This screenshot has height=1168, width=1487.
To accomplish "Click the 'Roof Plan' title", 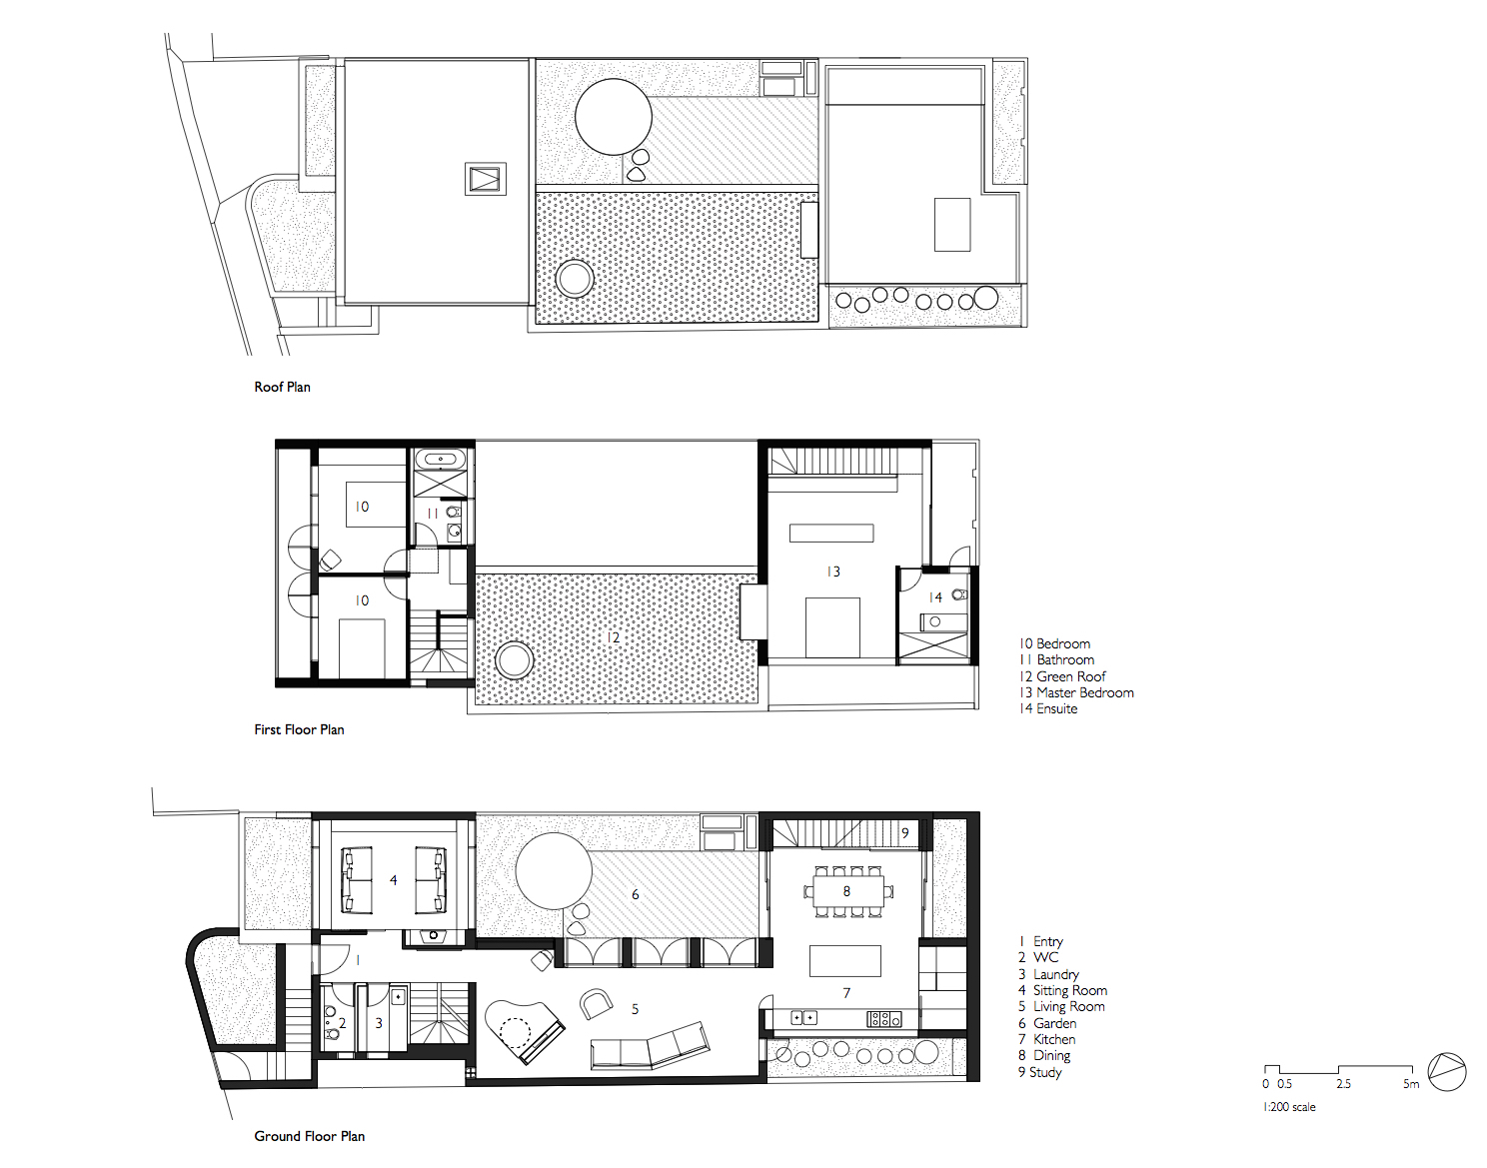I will pos(282,387).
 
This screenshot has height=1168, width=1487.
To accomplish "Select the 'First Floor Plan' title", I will pos(299,729).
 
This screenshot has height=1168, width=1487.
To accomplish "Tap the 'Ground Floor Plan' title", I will pos(309,1136).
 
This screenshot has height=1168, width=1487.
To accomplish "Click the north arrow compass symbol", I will pos(1447,1072).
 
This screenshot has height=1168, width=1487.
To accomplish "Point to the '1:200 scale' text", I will pos(1289,1107).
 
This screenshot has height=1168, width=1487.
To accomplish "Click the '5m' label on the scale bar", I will pos(1410,1084).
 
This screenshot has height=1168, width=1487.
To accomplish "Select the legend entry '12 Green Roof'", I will pos(1062,676).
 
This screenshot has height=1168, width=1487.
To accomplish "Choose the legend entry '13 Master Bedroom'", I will pos(1076,692).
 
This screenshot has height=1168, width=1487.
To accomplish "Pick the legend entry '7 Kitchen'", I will pos(1046,1039).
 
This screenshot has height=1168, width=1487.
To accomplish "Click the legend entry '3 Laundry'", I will pos(1048,974).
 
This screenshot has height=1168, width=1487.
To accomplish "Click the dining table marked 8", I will pos(847,891).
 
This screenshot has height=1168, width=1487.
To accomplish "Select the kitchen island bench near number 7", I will pos(844,960).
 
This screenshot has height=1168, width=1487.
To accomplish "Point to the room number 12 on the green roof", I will pos(613,637).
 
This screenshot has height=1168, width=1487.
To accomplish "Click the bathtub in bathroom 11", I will pos(440,460).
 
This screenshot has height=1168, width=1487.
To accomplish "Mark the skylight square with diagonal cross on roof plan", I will pos(485,179).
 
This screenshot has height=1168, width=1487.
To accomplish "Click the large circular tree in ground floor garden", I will pos(554,871).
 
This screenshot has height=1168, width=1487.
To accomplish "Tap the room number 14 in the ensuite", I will pos(935,597).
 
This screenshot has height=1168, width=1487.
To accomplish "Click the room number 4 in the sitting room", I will pos(393,880).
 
